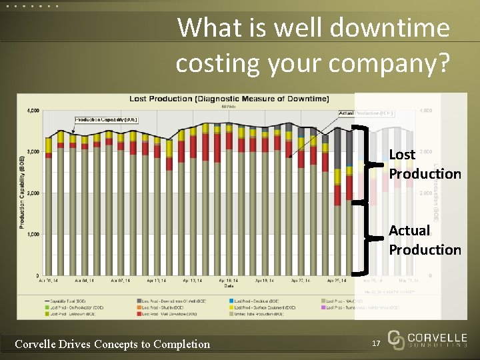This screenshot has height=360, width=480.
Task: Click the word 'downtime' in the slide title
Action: click(x=385, y=28)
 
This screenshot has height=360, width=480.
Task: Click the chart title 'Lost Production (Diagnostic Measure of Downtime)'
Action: click(x=229, y=99)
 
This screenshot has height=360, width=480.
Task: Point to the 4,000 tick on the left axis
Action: click(x=32, y=111)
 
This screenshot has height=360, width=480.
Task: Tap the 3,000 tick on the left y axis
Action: click(x=32, y=152)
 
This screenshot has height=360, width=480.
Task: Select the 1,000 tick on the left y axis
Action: click(x=32, y=234)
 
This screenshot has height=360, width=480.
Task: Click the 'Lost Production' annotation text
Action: click(x=425, y=164)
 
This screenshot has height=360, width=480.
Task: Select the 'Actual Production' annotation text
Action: click(x=425, y=240)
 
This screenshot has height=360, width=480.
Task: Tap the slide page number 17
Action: click(x=376, y=343)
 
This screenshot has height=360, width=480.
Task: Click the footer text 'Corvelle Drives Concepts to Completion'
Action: click(x=112, y=344)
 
